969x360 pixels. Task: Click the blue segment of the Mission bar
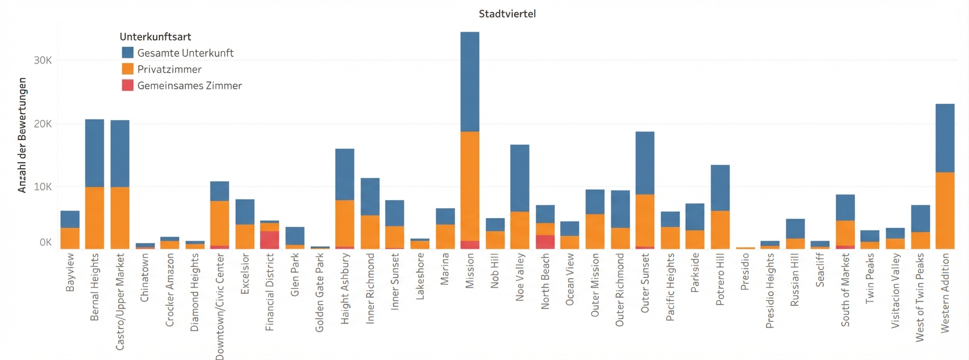pyautogui.click(x=470, y=81)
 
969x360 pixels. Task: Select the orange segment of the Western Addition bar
pyautogui.click(x=945, y=210)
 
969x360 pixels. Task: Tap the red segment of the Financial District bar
pyautogui.click(x=269, y=240)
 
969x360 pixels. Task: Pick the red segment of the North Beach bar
pyautogui.click(x=545, y=242)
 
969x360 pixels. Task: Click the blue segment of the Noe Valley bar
pyautogui.click(x=520, y=178)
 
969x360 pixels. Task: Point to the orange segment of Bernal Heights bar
pyautogui.click(x=95, y=217)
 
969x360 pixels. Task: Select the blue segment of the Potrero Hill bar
pyautogui.click(x=720, y=187)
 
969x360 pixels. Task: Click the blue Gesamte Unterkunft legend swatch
pyautogui.click(x=127, y=52)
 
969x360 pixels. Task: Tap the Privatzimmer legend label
pyautogui.click(x=169, y=69)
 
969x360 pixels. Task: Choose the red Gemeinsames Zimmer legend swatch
pyautogui.click(x=127, y=85)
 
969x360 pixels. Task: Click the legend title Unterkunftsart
pyautogui.click(x=155, y=36)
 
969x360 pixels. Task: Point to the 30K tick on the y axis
pyautogui.click(x=42, y=60)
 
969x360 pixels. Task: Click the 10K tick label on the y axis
pyautogui.click(x=42, y=186)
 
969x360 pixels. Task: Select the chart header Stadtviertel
pyautogui.click(x=507, y=13)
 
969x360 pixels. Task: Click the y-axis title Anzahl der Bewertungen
pyautogui.click(x=22, y=135)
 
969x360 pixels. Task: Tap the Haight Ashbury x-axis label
pyautogui.click(x=345, y=288)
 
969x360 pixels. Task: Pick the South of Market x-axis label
pyautogui.click(x=845, y=290)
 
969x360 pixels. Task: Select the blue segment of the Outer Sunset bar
pyautogui.click(x=645, y=163)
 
